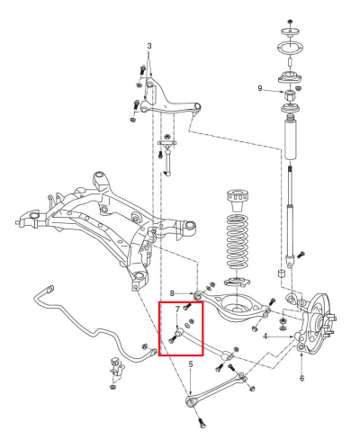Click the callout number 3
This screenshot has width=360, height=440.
point(149,46)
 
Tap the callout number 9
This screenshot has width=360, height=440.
point(260,88)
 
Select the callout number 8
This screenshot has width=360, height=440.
point(172,293)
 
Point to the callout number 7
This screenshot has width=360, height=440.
point(177,309)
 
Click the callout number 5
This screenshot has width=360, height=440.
point(191,364)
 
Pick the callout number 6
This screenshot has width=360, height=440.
point(301,378)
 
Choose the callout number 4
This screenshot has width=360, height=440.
point(265,337)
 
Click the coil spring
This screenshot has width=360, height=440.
point(238,241)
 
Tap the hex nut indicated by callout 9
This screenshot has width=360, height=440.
point(290,96)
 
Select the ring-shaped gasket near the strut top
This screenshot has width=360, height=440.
point(290,48)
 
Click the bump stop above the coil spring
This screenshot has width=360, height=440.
point(238,201)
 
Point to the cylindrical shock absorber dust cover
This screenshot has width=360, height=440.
point(290,139)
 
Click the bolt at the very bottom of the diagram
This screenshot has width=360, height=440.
point(202,422)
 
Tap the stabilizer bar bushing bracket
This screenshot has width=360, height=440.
point(117,367)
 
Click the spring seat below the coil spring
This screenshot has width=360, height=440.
point(238,282)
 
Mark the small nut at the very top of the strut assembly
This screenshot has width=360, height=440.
point(290,22)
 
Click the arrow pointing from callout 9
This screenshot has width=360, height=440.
point(274,90)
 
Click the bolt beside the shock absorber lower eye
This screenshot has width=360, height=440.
point(301,255)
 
